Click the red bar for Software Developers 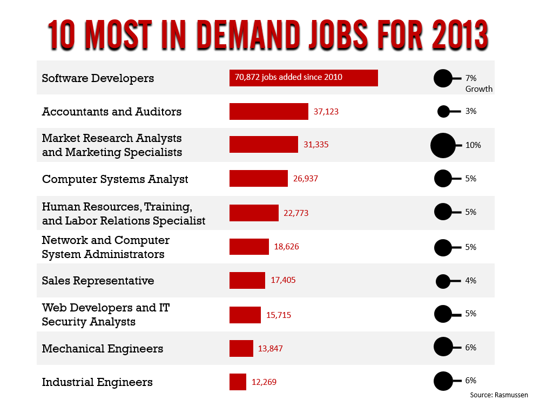click(x=303, y=78)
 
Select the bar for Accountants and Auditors click(x=268, y=112)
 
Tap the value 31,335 click(x=316, y=145)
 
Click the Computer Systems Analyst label click(x=115, y=179)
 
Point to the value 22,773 click(x=296, y=213)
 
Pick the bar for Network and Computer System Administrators click(x=249, y=247)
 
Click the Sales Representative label click(x=98, y=281)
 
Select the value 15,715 click(x=279, y=315)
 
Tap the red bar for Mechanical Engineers click(x=241, y=348)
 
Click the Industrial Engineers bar click(x=238, y=382)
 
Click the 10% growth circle click(x=443, y=145)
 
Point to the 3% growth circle click(x=443, y=112)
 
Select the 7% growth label click(x=470, y=78)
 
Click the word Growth click(x=479, y=89)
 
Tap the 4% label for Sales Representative click(x=470, y=280)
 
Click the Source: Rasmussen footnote click(x=499, y=395)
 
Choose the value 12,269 click(x=264, y=382)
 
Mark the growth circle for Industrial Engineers click(x=443, y=381)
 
